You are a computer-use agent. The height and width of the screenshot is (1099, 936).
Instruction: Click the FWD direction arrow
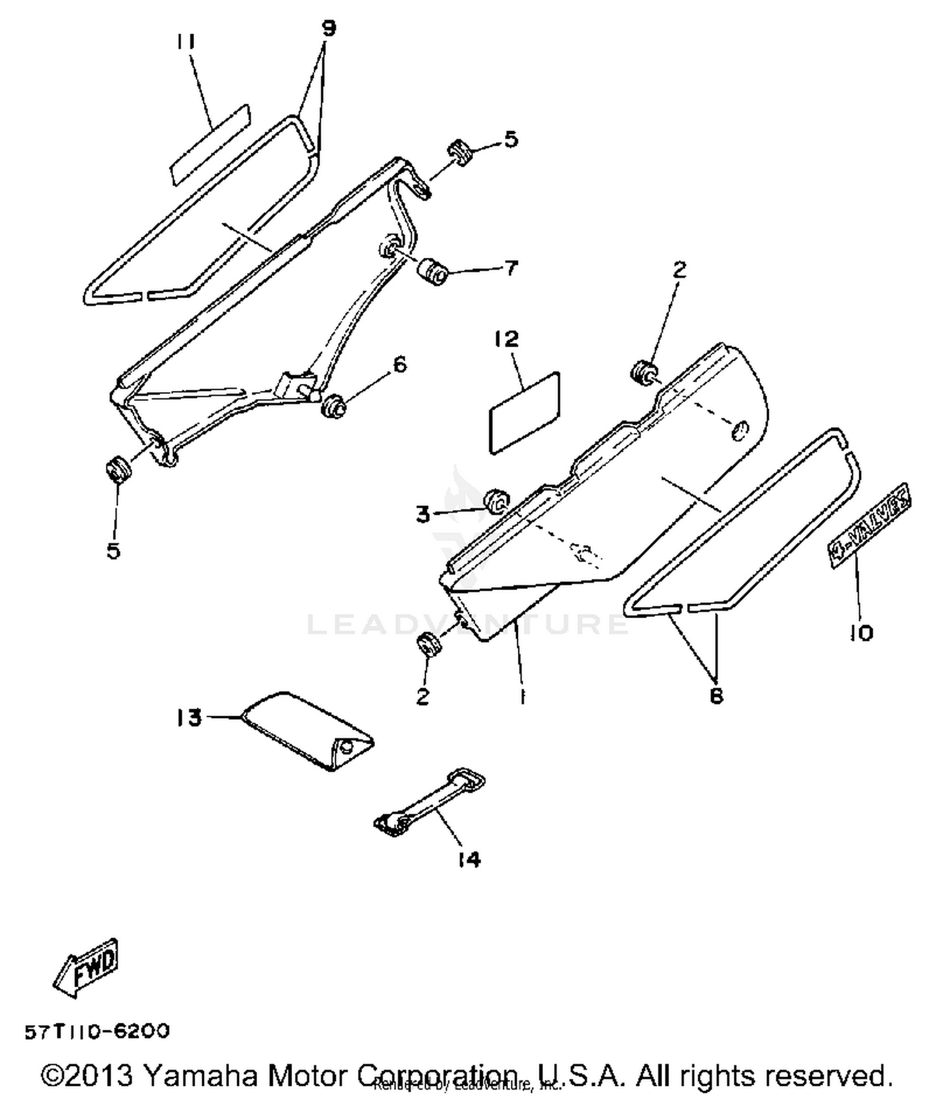(86, 966)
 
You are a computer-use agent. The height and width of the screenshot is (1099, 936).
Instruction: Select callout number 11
(185, 42)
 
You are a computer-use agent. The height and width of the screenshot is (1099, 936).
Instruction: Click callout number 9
(328, 28)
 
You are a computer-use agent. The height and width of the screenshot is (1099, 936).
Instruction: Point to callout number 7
(510, 269)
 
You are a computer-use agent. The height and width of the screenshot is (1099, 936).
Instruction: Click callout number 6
(399, 363)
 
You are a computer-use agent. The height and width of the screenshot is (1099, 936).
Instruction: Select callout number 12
(506, 339)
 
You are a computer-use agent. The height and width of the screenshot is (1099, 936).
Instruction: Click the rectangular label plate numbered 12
(525, 412)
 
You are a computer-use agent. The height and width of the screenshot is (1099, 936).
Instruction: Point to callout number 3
(424, 515)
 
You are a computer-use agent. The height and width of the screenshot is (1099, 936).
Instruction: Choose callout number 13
(189, 717)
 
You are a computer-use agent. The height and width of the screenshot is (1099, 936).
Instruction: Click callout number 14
(469, 860)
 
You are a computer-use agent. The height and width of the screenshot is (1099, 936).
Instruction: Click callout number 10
(861, 633)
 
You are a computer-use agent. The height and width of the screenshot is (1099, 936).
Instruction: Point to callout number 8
(716, 696)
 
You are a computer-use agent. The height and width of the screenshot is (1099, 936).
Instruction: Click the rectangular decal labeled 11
(210, 144)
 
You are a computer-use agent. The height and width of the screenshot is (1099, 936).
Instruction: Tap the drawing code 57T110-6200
(97, 1031)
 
